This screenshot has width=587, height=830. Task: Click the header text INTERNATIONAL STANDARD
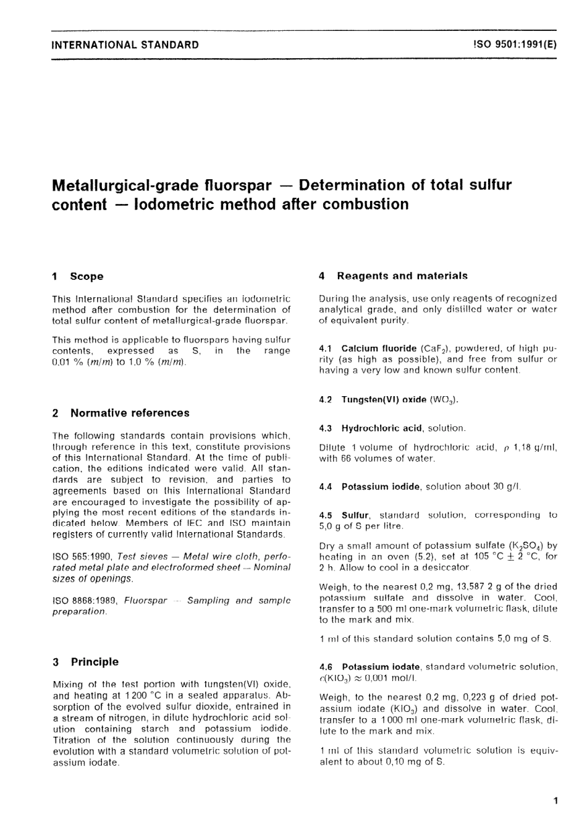pyautogui.click(x=125, y=44)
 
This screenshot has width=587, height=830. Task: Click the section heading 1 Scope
pyautogui.click(x=78, y=276)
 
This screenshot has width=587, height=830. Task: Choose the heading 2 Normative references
pyautogui.click(x=121, y=413)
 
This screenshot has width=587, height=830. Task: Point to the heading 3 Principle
pyautogui.click(x=86, y=662)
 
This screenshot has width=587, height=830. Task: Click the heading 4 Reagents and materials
pyautogui.click(x=393, y=276)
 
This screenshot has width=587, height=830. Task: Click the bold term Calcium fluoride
pyautogui.click(x=379, y=349)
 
